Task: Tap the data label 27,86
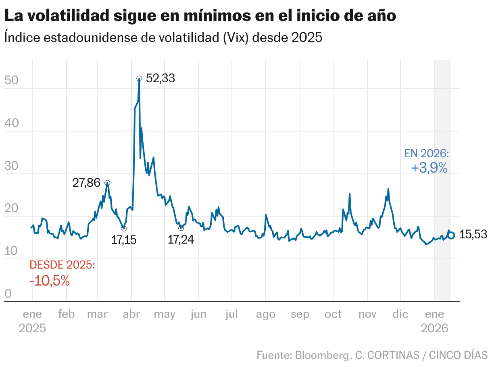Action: coord(86,183)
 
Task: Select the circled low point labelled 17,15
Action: coord(124,229)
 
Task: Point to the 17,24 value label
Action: coord(181,240)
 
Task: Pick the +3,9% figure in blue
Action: coord(429,168)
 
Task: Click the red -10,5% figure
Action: coord(50,281)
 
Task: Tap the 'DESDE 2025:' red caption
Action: coord(63,265)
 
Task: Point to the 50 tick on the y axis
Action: coord(11,80)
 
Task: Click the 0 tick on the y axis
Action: coord(8,294)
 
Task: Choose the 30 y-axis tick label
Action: coord(11,166)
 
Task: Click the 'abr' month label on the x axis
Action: coord(131,315)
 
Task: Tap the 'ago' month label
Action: coord(266,315)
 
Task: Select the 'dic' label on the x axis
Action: coord(400,315)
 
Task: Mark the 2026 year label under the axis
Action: coord(434,329)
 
